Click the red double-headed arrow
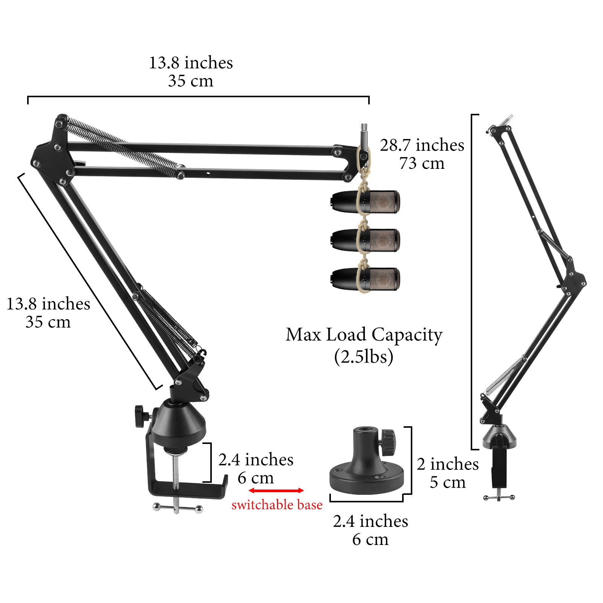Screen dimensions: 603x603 (x=276, y=490)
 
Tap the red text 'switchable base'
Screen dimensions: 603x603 (x=277, y=505)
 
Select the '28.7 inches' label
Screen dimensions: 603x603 (x=422, y=145)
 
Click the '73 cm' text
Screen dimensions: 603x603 (x=422, y=163)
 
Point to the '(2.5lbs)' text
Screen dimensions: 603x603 (x=364, y=357)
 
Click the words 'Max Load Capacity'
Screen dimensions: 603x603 (x=364, y=335)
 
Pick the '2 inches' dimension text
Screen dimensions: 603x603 (x=448, y=464)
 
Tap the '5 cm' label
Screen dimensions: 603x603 (x=448, y=482)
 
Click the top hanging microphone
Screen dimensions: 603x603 (x=365, y=202)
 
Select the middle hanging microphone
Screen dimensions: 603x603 (x=365, y=240)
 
